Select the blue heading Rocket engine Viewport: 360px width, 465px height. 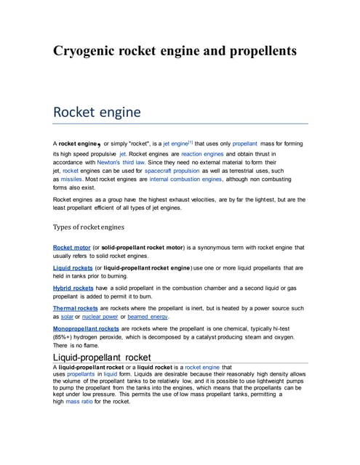pos(97,113)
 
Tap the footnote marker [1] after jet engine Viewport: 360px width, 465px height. pos(191,141)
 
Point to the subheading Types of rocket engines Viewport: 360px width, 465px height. pos(89,227)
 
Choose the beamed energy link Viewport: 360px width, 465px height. pos(149,317)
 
